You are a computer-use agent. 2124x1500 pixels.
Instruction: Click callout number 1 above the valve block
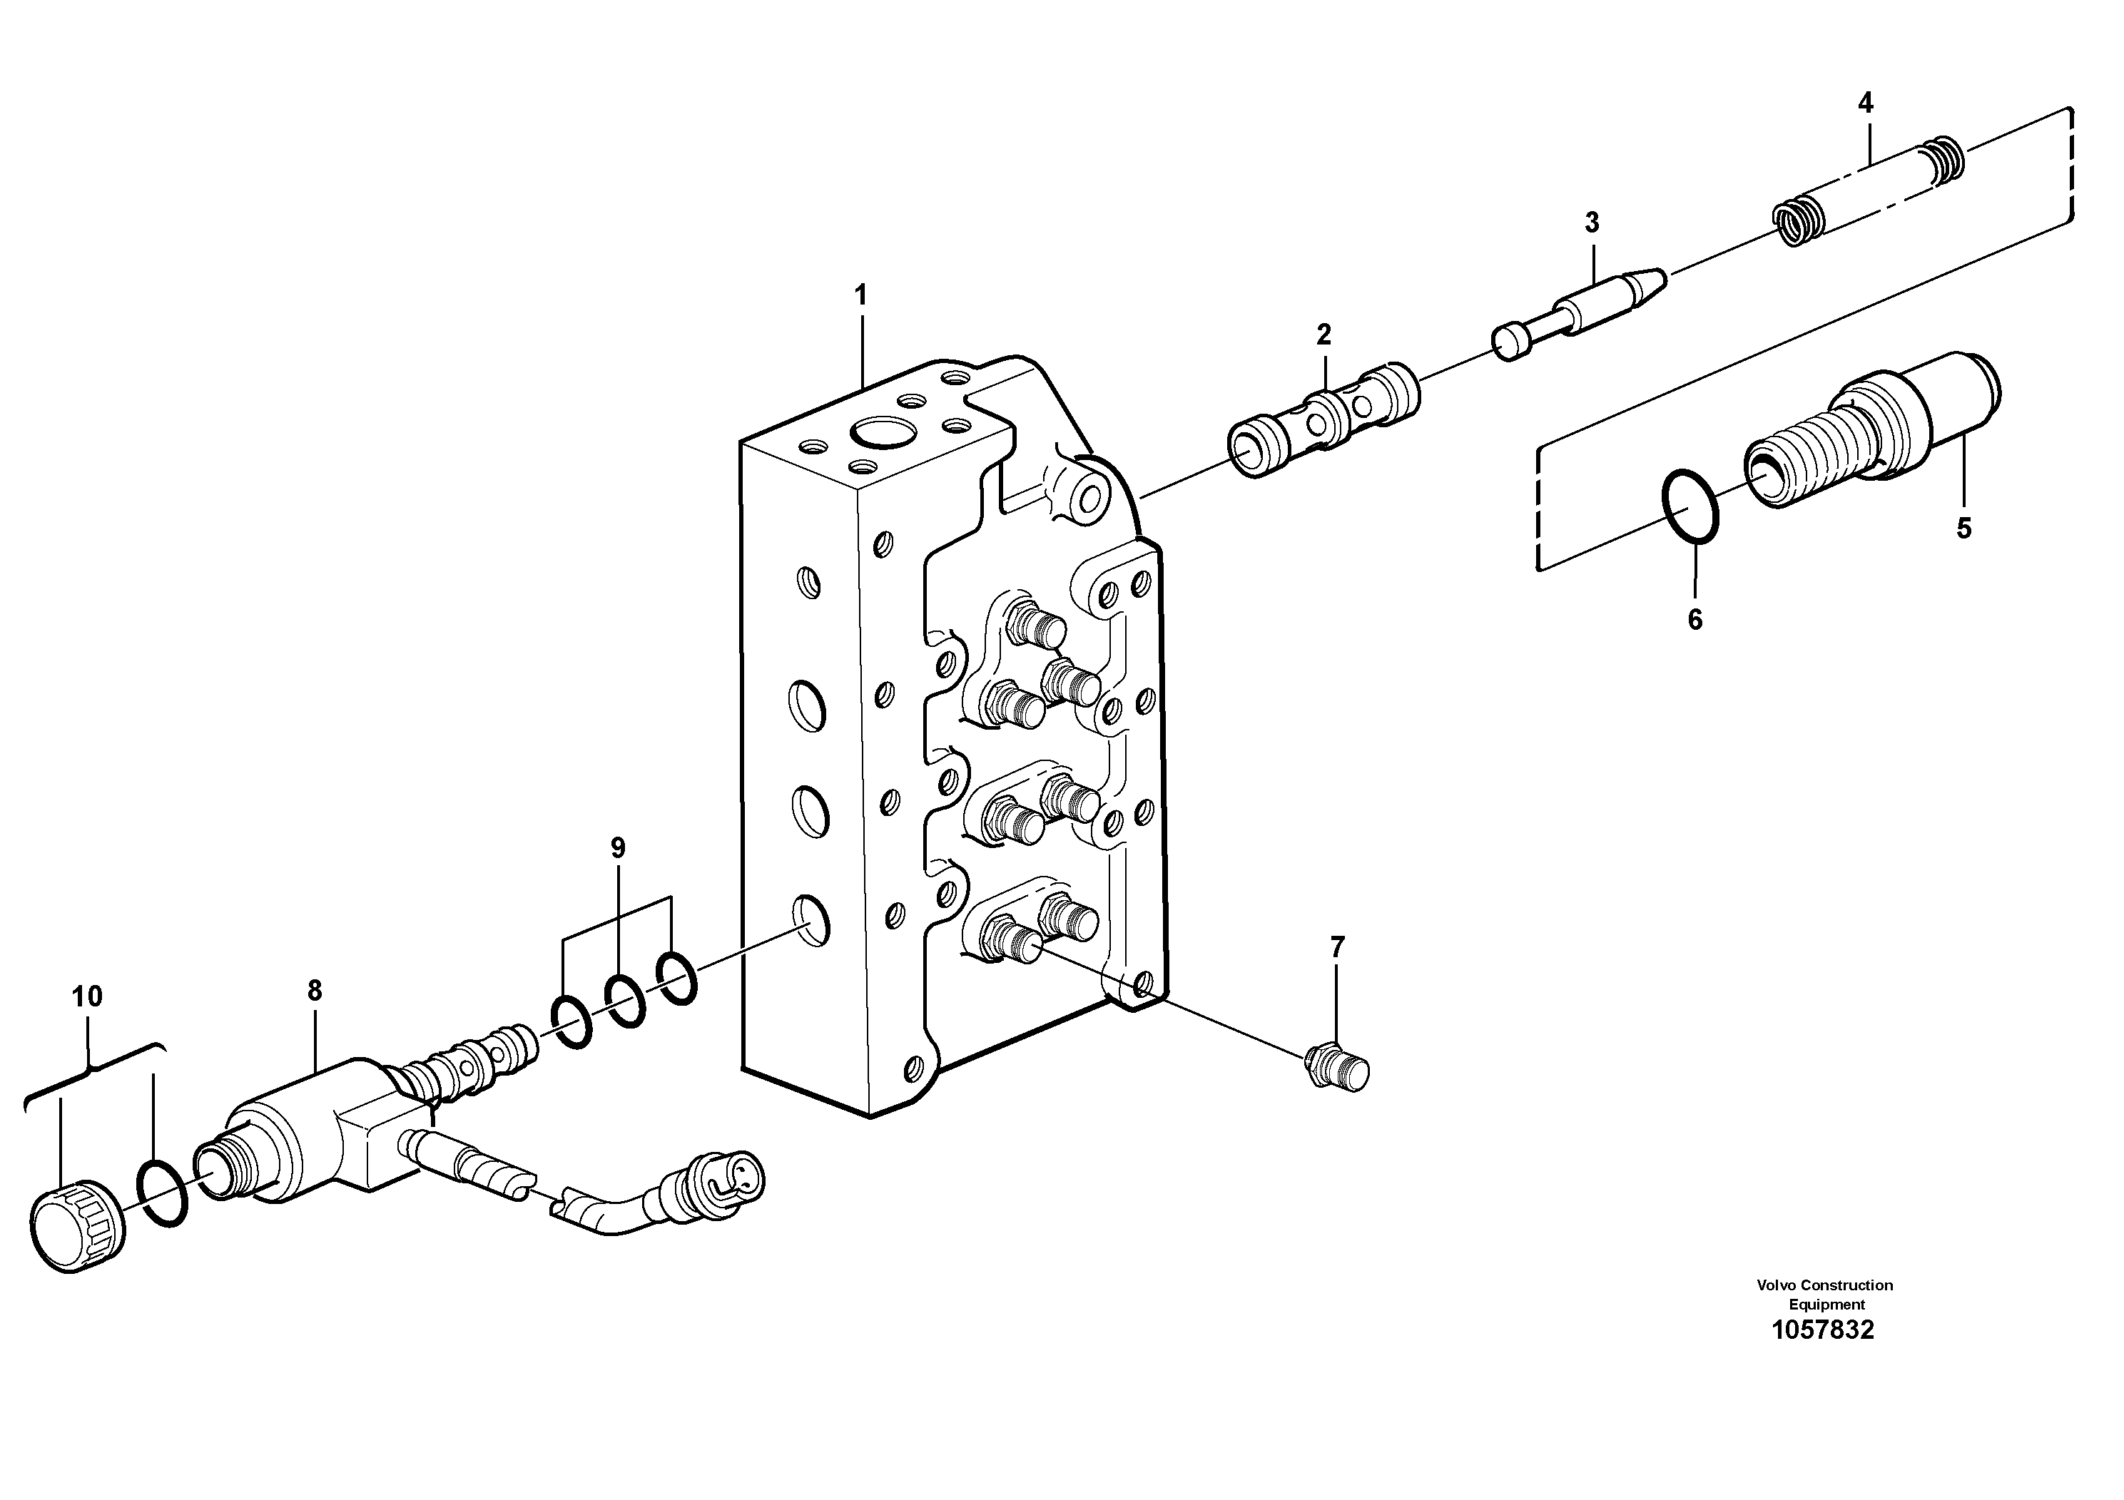tap(860, 297)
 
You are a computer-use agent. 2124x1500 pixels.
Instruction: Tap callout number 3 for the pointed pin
tap(1591, 223)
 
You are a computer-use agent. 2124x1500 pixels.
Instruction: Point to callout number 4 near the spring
tap(1865, 103)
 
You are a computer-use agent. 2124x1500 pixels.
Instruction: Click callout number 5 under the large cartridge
tap(1963, 529)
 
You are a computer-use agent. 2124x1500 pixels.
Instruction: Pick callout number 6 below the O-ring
tap(1694, 620)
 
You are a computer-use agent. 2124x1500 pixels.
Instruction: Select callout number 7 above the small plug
tap(1337, 947)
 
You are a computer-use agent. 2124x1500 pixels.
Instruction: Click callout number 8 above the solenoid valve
tap(315, 991)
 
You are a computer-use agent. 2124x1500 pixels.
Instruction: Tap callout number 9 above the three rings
tap(618, 848)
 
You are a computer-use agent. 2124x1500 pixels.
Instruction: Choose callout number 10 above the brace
tap(87, 997)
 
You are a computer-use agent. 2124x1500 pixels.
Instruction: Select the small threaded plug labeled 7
tap(1338, 1069)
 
